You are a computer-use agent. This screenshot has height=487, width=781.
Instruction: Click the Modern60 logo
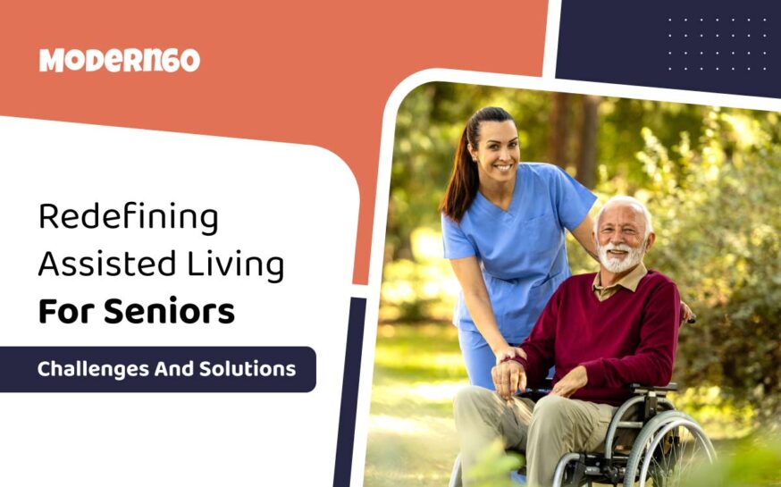click(x=119, y=60)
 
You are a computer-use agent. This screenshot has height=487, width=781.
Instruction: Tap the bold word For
click(x=66, y=311)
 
